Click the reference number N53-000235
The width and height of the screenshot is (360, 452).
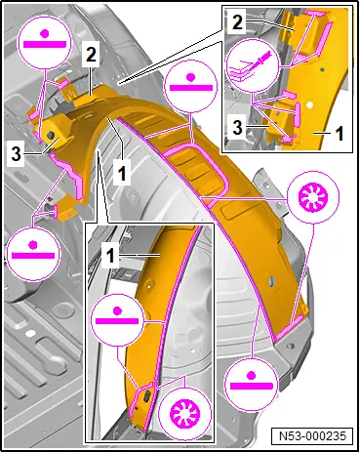[x=312, y=435]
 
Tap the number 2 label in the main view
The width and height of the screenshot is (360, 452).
[x=91, y=56]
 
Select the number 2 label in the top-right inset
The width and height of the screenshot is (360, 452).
[x=237, y=22]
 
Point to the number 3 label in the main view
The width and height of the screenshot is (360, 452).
[x=17, y=154]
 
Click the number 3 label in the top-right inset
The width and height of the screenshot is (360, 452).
[x=238, y=127]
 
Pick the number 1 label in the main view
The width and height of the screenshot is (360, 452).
[x=122, y=173]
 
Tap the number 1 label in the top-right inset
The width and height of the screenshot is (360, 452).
[x=340, y=133]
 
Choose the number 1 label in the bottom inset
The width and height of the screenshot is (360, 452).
[x=110, y=256]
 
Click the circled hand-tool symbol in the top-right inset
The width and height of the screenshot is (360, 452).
[x=254, y=66]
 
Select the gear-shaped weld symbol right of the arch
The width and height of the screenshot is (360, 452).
[x=313, y=197]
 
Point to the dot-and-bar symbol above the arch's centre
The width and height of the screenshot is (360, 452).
[x=191, y=86]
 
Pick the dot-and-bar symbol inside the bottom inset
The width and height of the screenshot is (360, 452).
[x=117, y=319]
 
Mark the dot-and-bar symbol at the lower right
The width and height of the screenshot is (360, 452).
[x=252, y=384]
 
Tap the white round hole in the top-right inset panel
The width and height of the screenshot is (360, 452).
[x=309, y=105]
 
